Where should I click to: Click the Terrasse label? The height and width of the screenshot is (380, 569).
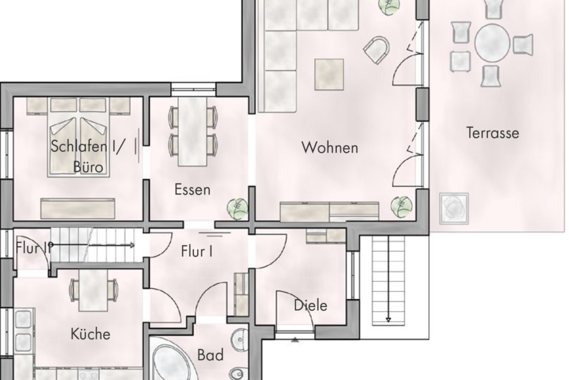tap(493, 133)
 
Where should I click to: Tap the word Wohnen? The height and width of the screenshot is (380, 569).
tap(329, 148)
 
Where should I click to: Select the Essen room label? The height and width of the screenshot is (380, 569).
tap(192, 190)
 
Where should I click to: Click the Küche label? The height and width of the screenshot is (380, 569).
tap(90, 334)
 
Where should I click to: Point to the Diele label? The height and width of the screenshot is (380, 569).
tap(311, 305)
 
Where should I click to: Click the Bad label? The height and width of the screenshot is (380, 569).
tap(210, 356)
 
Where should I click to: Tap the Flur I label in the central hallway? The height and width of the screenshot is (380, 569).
tap(197, 251)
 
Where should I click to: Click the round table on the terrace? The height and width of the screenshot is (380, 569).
tap(492, 43)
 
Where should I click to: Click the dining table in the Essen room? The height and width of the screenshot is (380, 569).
tap(193, 131)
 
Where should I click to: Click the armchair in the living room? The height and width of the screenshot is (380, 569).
tap(378, 50)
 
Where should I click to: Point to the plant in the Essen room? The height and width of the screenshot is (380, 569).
tap(237, 208)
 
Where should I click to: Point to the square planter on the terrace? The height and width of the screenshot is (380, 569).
tap(455, 206)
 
